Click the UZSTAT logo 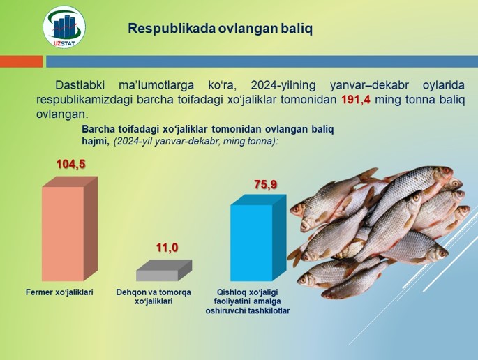[64, 27]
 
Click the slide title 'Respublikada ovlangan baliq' [220, 29]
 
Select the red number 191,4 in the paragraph [356, 100]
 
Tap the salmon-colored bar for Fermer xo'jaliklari [70, 229]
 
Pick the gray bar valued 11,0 [164, 271]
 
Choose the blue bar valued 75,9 [258, 238]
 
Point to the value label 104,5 [70, 164]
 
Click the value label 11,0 [167, 248]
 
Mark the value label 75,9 [266, 184]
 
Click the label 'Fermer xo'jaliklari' [59, 292]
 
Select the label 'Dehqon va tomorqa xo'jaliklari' [154, 297]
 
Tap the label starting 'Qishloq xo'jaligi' [248, 301]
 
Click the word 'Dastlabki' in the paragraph [80, 85]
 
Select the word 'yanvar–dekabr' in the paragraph [369, 85]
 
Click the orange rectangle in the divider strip [22, 61]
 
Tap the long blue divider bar [262, 61]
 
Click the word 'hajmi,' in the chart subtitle [96, 142]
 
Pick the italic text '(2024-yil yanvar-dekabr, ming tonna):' [195, 142]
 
